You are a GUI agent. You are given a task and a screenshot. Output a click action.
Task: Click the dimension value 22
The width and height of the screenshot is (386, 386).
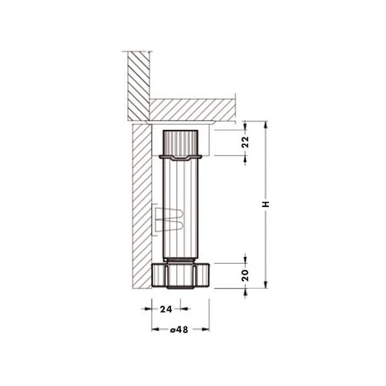[246, 142]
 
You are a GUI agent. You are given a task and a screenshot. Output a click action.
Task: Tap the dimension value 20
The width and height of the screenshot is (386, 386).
[246, 275]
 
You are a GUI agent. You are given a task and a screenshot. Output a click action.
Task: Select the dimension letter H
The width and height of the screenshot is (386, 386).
[266, 205]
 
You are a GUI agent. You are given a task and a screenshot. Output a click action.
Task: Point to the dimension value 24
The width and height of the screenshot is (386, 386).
[166, 309]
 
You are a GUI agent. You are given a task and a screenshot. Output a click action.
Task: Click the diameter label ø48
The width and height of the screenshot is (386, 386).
[179, 329]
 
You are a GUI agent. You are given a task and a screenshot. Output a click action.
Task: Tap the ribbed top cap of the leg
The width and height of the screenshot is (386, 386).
[180, 143]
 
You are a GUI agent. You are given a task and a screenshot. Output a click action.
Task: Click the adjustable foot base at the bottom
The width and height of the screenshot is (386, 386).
[180, 276]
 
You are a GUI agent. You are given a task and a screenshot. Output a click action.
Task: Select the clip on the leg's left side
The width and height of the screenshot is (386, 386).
[169, 220]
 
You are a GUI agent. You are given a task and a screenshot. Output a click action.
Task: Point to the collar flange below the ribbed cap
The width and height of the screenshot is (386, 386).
[180, 158]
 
